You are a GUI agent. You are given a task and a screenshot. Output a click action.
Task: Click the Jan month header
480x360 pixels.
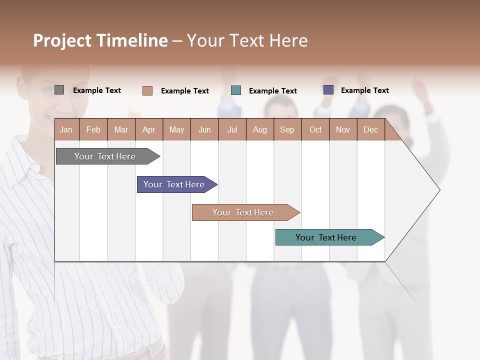pyautogui.click(x=66, y=129)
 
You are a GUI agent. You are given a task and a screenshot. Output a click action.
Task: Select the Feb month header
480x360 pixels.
pyautogui.click(x=93, y=129)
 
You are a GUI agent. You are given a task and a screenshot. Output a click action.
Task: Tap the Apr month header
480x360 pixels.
pyautogui.click(x=148, y=129)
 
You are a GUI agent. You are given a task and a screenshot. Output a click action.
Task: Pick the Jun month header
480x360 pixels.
pyautogui.click(x=204, y=129)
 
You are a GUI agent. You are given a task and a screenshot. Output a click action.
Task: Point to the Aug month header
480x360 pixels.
pyautogui.click(x=259, y=129)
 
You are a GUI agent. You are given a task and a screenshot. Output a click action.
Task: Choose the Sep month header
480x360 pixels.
pyautogui.click(x=287, y=129)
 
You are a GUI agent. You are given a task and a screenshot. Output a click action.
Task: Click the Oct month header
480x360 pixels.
pyautogui.click(x=315, y=129)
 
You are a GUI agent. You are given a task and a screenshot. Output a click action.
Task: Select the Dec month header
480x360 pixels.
pyautogui.click(x=370, y=129)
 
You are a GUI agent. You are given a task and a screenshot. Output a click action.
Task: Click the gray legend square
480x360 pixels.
pyautogui.click(x=59, y=90)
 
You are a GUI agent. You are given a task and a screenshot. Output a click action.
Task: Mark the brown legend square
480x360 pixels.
pyautogui.click(x=147, y=90)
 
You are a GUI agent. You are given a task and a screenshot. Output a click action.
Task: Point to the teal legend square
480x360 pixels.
pyautogui.click(x=236, y=90)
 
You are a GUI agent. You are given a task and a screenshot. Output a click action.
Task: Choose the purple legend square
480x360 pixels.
pyautogui.click(x=328, y=90)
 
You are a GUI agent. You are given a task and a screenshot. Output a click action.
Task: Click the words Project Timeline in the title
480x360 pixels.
pyautogui.click(x=100, y=40)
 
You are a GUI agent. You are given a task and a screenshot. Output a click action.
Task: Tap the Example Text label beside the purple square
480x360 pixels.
pyautogui.click(x=364, y=90)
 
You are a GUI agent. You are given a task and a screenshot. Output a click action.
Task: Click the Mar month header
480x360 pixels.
pyautogui.click(x=121, y=129)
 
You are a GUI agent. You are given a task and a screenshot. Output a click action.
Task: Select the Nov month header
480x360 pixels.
pyautogui.click(x=342, y=129)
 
